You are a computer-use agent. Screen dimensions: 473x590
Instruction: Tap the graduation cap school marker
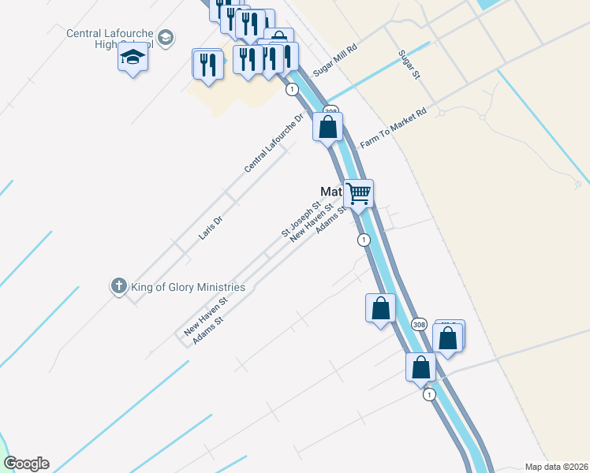[x=133, y=58]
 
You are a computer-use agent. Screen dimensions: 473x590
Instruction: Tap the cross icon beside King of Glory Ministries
[x=118, y=286]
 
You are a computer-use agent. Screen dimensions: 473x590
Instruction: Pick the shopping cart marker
[x=358, y=192]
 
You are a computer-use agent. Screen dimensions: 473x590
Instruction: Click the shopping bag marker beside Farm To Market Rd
[x=328, y=126]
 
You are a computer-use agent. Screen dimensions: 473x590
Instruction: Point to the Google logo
[x=26, y=464]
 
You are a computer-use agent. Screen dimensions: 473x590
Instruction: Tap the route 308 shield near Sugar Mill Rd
[x=331, y=111]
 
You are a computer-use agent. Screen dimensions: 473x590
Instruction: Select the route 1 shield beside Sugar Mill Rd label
[x=293, y=89]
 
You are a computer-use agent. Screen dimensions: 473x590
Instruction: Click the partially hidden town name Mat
[x=330, y=192]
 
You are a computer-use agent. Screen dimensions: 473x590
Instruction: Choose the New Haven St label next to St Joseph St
[x=308, y=222]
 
